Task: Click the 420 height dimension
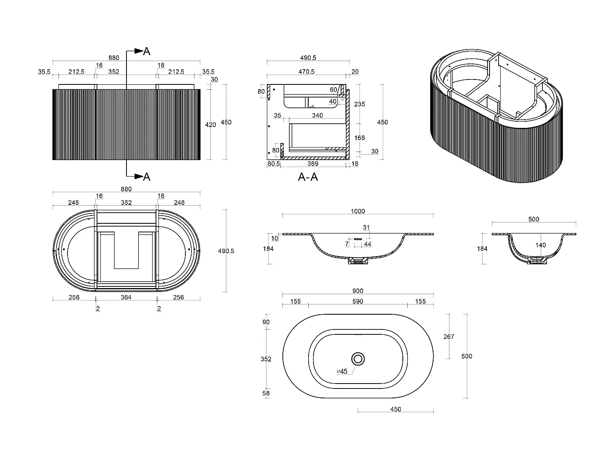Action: point(210,125)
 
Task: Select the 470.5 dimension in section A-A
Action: point(306,72)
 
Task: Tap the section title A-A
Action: point(308,177)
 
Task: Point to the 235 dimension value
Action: point(359,104)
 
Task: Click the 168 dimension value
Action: point(359,138)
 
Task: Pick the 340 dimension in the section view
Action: point(317,116)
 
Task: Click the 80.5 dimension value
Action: point(273,164)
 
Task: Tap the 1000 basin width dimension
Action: point(357,211)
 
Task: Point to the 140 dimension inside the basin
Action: point(540,245)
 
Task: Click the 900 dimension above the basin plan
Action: point(357,291)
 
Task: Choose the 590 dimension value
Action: point(358,302)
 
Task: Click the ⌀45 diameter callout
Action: point(342,371)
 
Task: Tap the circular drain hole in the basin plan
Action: point(359,359)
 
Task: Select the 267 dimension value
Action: point(449,337)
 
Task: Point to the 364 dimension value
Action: point(126,297)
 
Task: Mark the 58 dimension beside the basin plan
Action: point(266,393)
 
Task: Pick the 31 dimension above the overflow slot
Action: point(366,227)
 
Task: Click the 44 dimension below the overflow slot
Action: point(368,244)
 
